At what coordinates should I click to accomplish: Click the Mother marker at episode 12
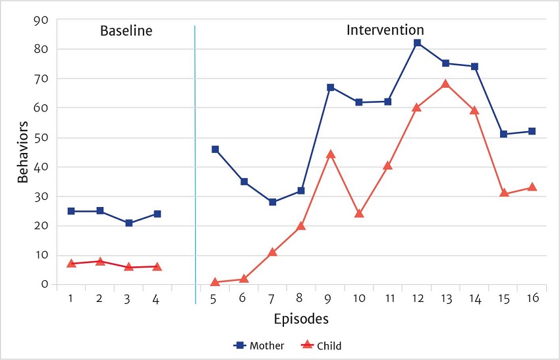pos(417,43)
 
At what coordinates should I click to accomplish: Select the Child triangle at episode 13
pos(445,84)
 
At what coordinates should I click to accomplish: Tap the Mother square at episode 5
pos(215,150)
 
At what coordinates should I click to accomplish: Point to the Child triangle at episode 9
pos(331,154)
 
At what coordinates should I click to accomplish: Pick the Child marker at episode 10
pos(359,214)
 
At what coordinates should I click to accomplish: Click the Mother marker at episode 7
pos(272,202)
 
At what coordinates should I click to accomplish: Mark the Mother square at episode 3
pos(128,223)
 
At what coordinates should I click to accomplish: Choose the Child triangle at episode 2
pos(100,261)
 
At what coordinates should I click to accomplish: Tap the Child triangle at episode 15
pos(504,193)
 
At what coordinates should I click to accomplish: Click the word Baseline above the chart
pos(126,30)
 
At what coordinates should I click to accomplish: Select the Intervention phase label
pos(385,30)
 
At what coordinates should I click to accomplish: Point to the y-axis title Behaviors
pos(23,152)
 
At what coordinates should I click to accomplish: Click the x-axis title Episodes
pos(301,319)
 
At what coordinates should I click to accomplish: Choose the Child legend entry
pos(323,345)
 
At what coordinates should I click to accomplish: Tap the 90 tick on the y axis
pos(41,20)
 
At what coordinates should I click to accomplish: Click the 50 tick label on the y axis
pos(41,138)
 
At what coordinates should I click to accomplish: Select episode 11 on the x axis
pos(389,298)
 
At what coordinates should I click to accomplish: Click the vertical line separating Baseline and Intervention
pos(195,165)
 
